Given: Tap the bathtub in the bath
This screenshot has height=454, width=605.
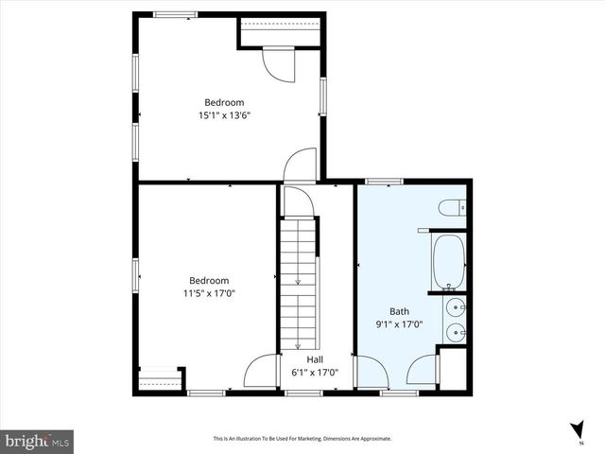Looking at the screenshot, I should [x=447, y=263].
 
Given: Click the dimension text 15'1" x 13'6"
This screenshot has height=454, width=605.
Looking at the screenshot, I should [x=224, y=115].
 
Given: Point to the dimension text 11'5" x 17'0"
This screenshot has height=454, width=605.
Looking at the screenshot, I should [x=208, y=293].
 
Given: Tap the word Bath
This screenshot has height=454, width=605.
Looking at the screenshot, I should [x=399, y=310].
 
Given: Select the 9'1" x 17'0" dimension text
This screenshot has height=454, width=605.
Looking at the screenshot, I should [x=399, y=323].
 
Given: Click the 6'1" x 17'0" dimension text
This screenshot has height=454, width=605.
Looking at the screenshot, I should [x=302, y=373].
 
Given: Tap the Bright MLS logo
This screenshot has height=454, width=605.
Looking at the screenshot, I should [x=38, y=441].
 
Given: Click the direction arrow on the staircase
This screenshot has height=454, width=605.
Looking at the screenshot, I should [x=299, y=279].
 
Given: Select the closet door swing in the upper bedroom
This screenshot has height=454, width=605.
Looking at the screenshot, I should [x=280, y=64].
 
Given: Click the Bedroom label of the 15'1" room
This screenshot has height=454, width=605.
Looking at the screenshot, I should [x=224, y=102].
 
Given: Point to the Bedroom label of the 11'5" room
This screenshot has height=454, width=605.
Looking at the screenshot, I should [x=208, y=280].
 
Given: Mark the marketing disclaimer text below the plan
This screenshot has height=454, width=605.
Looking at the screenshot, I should [x=302, y=439].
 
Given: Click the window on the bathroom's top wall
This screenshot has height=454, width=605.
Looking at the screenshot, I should [x=384, y=181].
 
